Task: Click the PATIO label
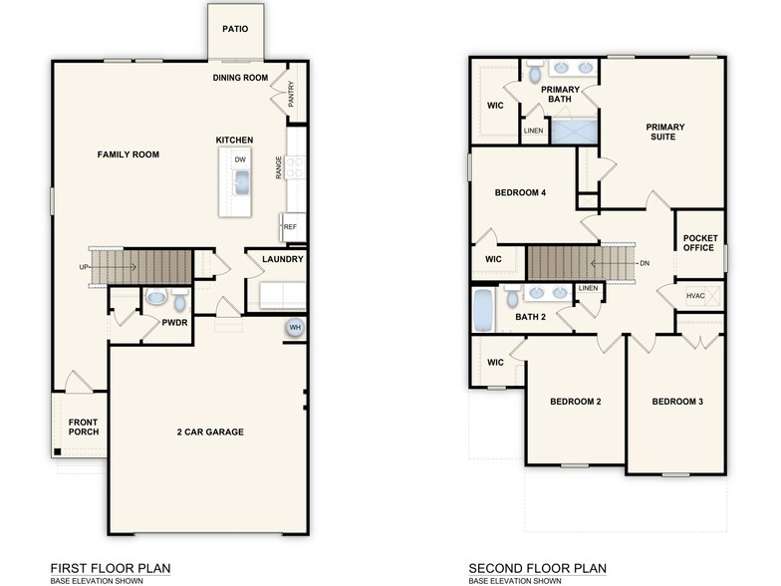[x=235, y=29]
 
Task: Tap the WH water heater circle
[x=295, y=328]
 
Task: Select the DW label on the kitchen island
[x=240, y=159]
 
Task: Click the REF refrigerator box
[x=291, y=227]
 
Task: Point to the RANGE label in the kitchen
[x=278, y=168]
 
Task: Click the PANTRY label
[x=291, y=95]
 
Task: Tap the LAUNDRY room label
[x=283, y=260]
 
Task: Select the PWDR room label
[x=175, y=324]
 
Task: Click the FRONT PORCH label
[x=83, y=429]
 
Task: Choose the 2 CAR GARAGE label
[x=210, y=432]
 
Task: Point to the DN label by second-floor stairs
[x=645, y=263]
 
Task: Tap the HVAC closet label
[x=696, y=296]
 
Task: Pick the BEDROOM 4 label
[x=520, y=192]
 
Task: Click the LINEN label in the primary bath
[x=534, y=131]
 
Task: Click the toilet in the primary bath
[x=535, y=73]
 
